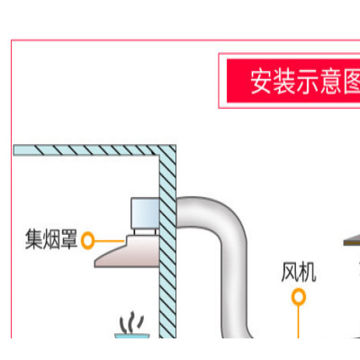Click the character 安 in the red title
point(262,82)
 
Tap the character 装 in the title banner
point(284,82)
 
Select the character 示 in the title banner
point(308,82)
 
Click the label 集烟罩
point(51,239)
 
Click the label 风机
point(299,272)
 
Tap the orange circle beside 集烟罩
point(88,240)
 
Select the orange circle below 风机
point(299,297)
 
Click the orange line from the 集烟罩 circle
point(110,240)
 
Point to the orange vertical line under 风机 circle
point(299,321)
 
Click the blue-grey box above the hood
point(146,213)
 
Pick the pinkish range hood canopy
point(127,251)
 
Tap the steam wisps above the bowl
point(131,322)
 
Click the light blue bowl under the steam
point(132,336)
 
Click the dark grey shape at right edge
point(352,241)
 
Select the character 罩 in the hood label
point(69,239)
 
